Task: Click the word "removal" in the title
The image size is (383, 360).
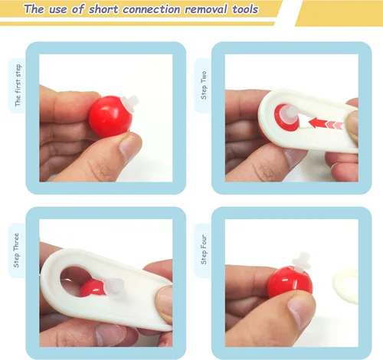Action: click(206, 9)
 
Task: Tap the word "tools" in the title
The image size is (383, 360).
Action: click(245, 9)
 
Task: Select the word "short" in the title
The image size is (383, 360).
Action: click(103, 9)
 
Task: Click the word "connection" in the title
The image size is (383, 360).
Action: click(151, 9)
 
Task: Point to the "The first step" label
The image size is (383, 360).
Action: click(18, 85)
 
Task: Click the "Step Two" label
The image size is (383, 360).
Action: click(204, 85)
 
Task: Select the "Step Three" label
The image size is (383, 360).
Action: click(16, 250)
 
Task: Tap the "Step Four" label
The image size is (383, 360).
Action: click(204, 250)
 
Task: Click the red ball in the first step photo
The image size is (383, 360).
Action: click(110, 116)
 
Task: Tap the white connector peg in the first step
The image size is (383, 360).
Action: click(130, 103)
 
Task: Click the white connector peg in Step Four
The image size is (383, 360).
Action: click(302, 262)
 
